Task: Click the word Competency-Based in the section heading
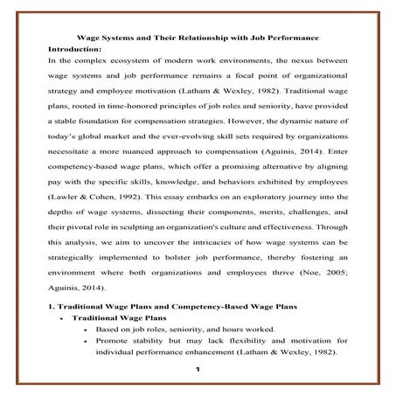pyautogui.click(x=203, y=307)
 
